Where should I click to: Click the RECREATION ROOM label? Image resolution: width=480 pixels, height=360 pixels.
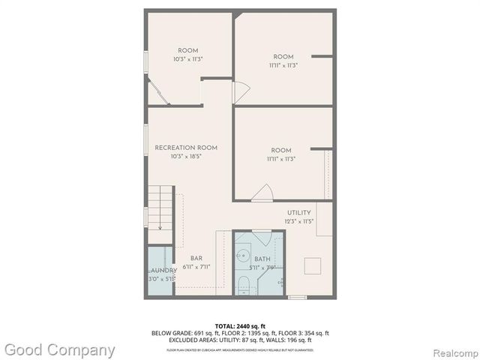186,148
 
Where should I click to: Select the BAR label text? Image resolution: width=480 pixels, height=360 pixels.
196,258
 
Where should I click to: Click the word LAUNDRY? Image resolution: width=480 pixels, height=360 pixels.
163,270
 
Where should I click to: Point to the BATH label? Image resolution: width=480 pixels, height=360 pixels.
262,259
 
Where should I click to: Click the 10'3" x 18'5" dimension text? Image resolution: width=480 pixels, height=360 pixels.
186,157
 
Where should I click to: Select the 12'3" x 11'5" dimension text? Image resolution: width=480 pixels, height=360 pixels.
299,222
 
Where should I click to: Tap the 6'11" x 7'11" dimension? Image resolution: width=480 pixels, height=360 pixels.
196,267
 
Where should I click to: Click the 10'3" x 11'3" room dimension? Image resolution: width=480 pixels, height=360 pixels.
187,59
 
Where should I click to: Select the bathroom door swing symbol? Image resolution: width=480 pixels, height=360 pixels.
262,239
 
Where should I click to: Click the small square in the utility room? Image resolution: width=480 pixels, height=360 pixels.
312,265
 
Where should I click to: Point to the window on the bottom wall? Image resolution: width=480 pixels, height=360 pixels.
297,298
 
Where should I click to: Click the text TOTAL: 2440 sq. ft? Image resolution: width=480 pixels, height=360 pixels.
240,325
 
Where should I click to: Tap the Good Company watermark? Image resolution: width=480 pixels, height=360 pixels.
59,349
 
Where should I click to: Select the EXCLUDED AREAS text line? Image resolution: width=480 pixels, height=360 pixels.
240,340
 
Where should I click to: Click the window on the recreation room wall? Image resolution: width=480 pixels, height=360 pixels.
145,139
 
